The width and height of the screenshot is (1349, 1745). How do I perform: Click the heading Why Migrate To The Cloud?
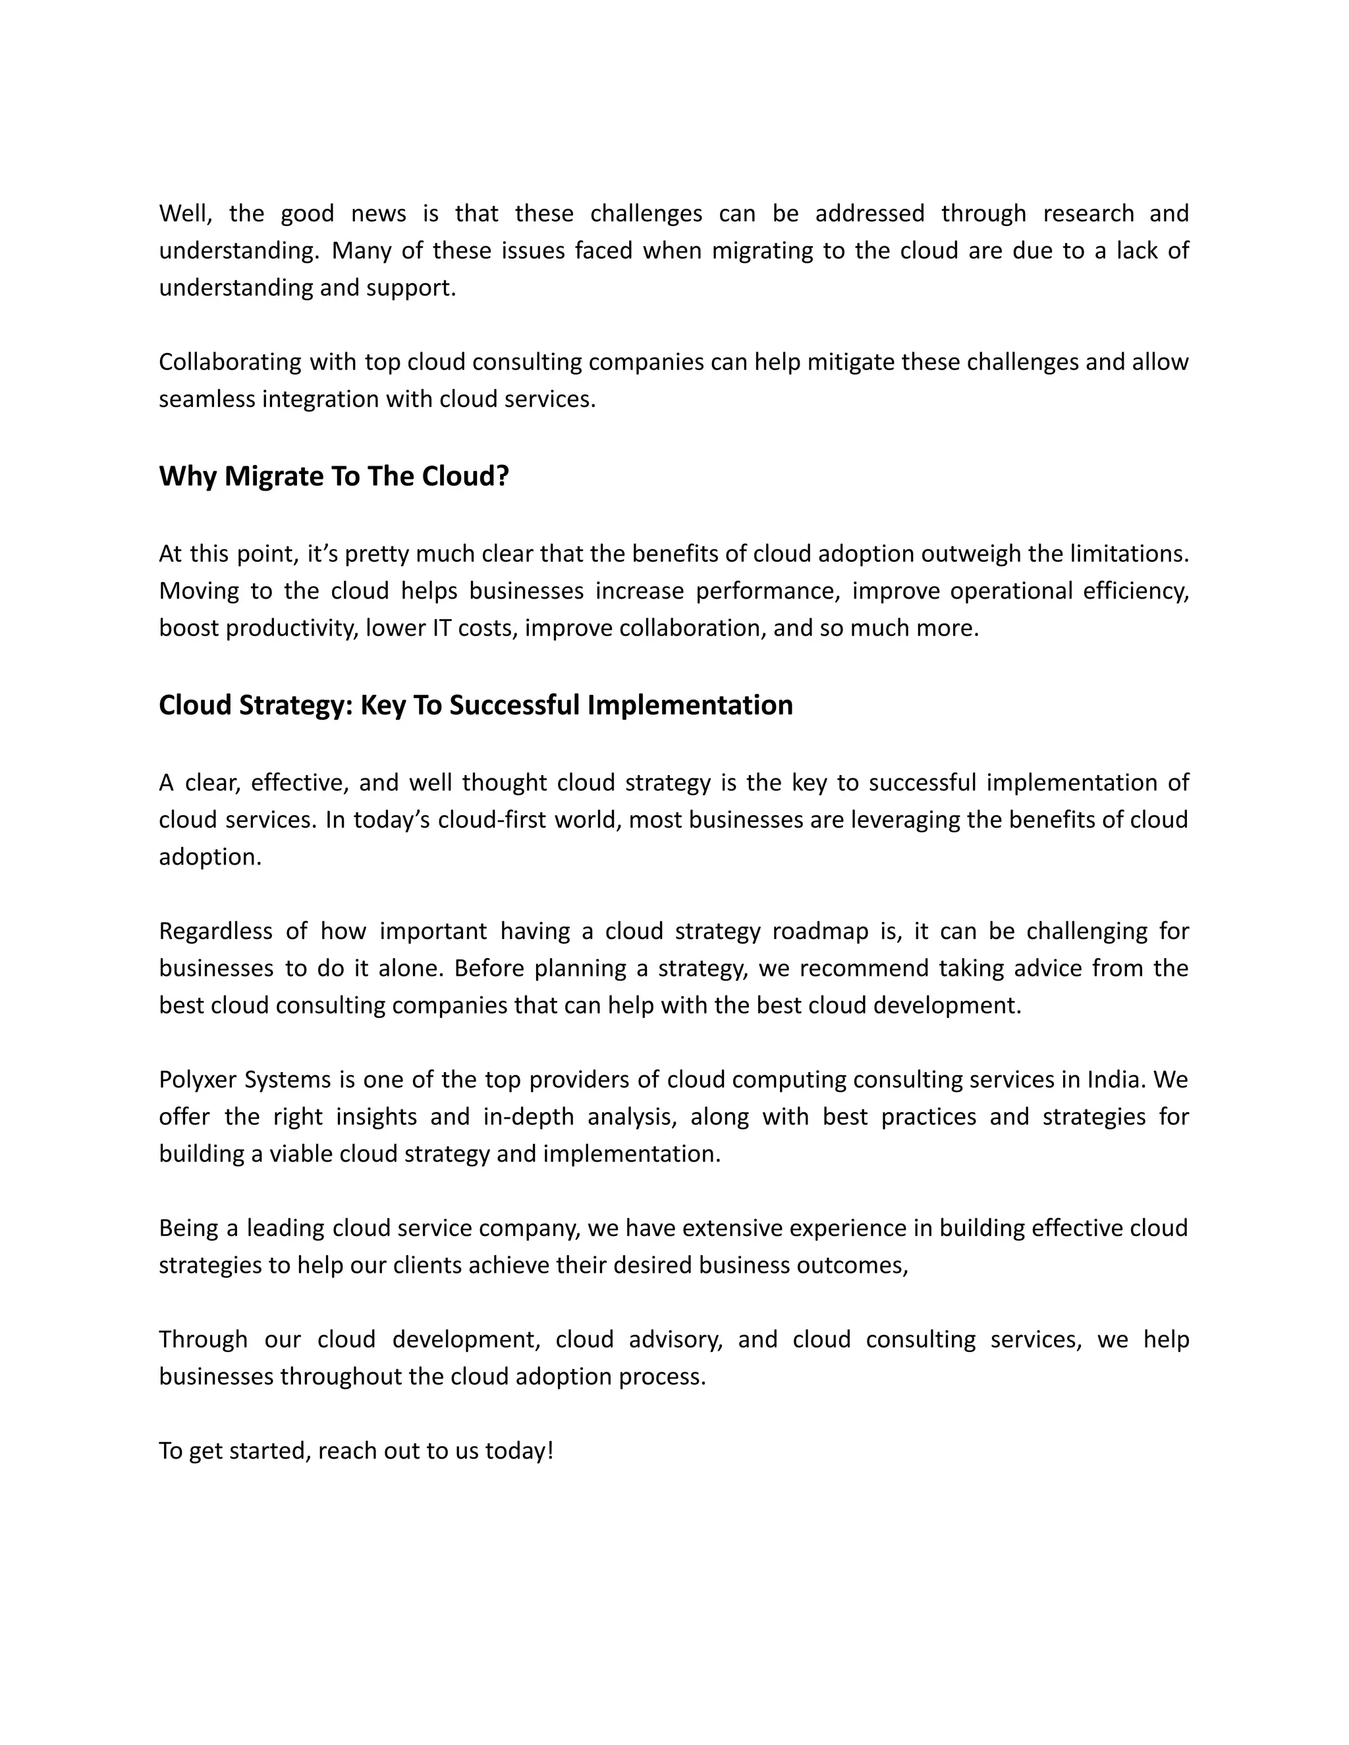click(x=333, y=476)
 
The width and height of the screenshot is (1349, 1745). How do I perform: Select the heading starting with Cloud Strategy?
click(x=476, y=705)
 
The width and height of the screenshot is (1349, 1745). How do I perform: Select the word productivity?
click(x=291, y=628)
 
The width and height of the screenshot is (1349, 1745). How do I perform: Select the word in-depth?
click(x=528, y=1116)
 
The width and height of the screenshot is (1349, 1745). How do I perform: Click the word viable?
click(x=300, y=1154)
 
